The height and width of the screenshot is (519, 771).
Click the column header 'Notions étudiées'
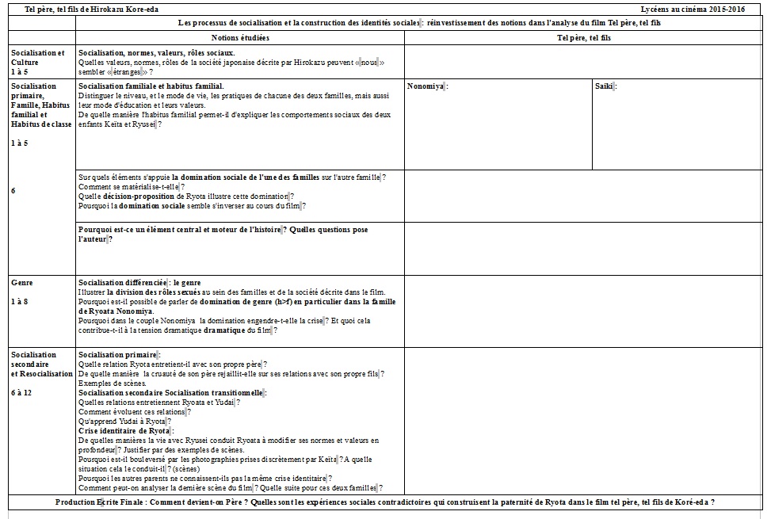click(x=240, y=38)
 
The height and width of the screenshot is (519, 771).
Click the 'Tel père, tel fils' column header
click(x=584, y=38)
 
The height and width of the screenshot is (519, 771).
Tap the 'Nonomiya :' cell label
click(x=427, y=86)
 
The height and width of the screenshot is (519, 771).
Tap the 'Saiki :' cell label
click(x=605, y=86)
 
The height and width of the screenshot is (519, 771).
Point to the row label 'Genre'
click(x=22, y=282)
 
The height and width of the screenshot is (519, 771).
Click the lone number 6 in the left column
click(x=13, y=190)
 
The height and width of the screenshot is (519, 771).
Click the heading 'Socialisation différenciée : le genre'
click(x=139, y=282)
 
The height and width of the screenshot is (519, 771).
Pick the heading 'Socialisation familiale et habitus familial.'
click(x=151, y=86)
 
